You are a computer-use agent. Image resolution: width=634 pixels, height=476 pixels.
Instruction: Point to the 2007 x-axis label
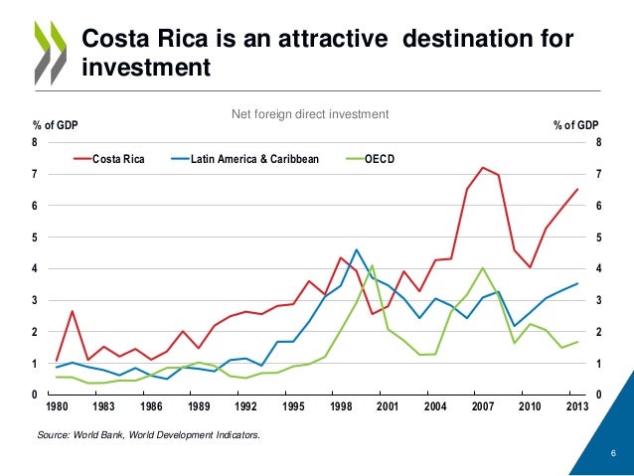[482, 405]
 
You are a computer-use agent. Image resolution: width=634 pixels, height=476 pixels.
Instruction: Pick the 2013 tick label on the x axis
[576, 405]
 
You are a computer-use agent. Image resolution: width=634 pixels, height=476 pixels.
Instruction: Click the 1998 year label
[340, 405]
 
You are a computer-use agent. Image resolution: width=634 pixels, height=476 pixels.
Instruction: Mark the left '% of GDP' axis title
[55, 125]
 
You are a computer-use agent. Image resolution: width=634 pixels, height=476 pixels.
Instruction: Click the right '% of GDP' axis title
[575, 125]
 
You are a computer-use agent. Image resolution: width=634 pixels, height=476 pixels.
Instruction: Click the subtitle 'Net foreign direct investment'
[309, 115]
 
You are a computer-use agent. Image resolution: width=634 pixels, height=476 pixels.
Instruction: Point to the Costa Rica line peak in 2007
[482, 167]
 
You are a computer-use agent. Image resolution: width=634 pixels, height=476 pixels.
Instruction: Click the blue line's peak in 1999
[356, 249]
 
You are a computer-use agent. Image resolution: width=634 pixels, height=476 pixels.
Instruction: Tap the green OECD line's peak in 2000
[372, 265]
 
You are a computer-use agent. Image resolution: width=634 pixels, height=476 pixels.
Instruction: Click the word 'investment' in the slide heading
[146, 68]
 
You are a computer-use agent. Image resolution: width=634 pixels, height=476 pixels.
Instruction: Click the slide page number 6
[613, 455]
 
